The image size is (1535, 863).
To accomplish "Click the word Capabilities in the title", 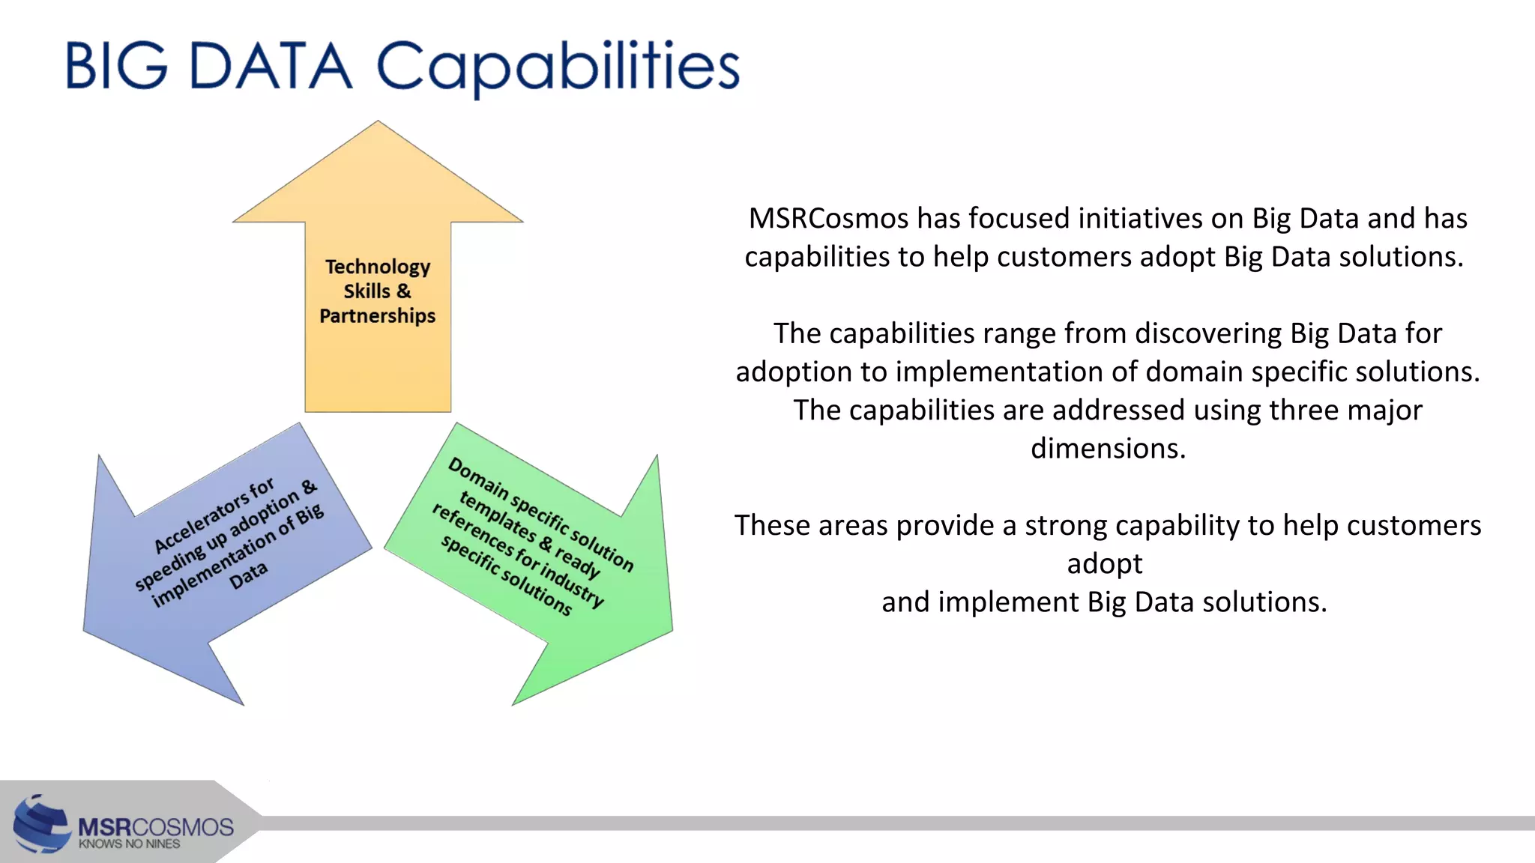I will pos(558,66).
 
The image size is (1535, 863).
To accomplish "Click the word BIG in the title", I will pos(116,66).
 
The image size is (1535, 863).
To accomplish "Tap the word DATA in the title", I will pos(270,66).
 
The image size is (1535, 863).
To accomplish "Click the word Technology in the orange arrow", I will pos(378,267).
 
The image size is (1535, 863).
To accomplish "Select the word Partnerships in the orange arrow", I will pos(378,316).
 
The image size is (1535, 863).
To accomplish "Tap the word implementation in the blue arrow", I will pos(213,569).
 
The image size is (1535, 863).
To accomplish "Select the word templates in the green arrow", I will pos(498,517).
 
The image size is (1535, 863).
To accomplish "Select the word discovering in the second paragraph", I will pos(1208,333).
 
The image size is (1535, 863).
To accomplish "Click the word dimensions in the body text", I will pos(1108,449).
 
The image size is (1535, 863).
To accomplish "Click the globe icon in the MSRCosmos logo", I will pos(42,824).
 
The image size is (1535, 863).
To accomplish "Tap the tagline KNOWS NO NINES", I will pos(129,844).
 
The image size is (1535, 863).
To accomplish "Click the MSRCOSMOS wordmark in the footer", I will pos(156,827).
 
